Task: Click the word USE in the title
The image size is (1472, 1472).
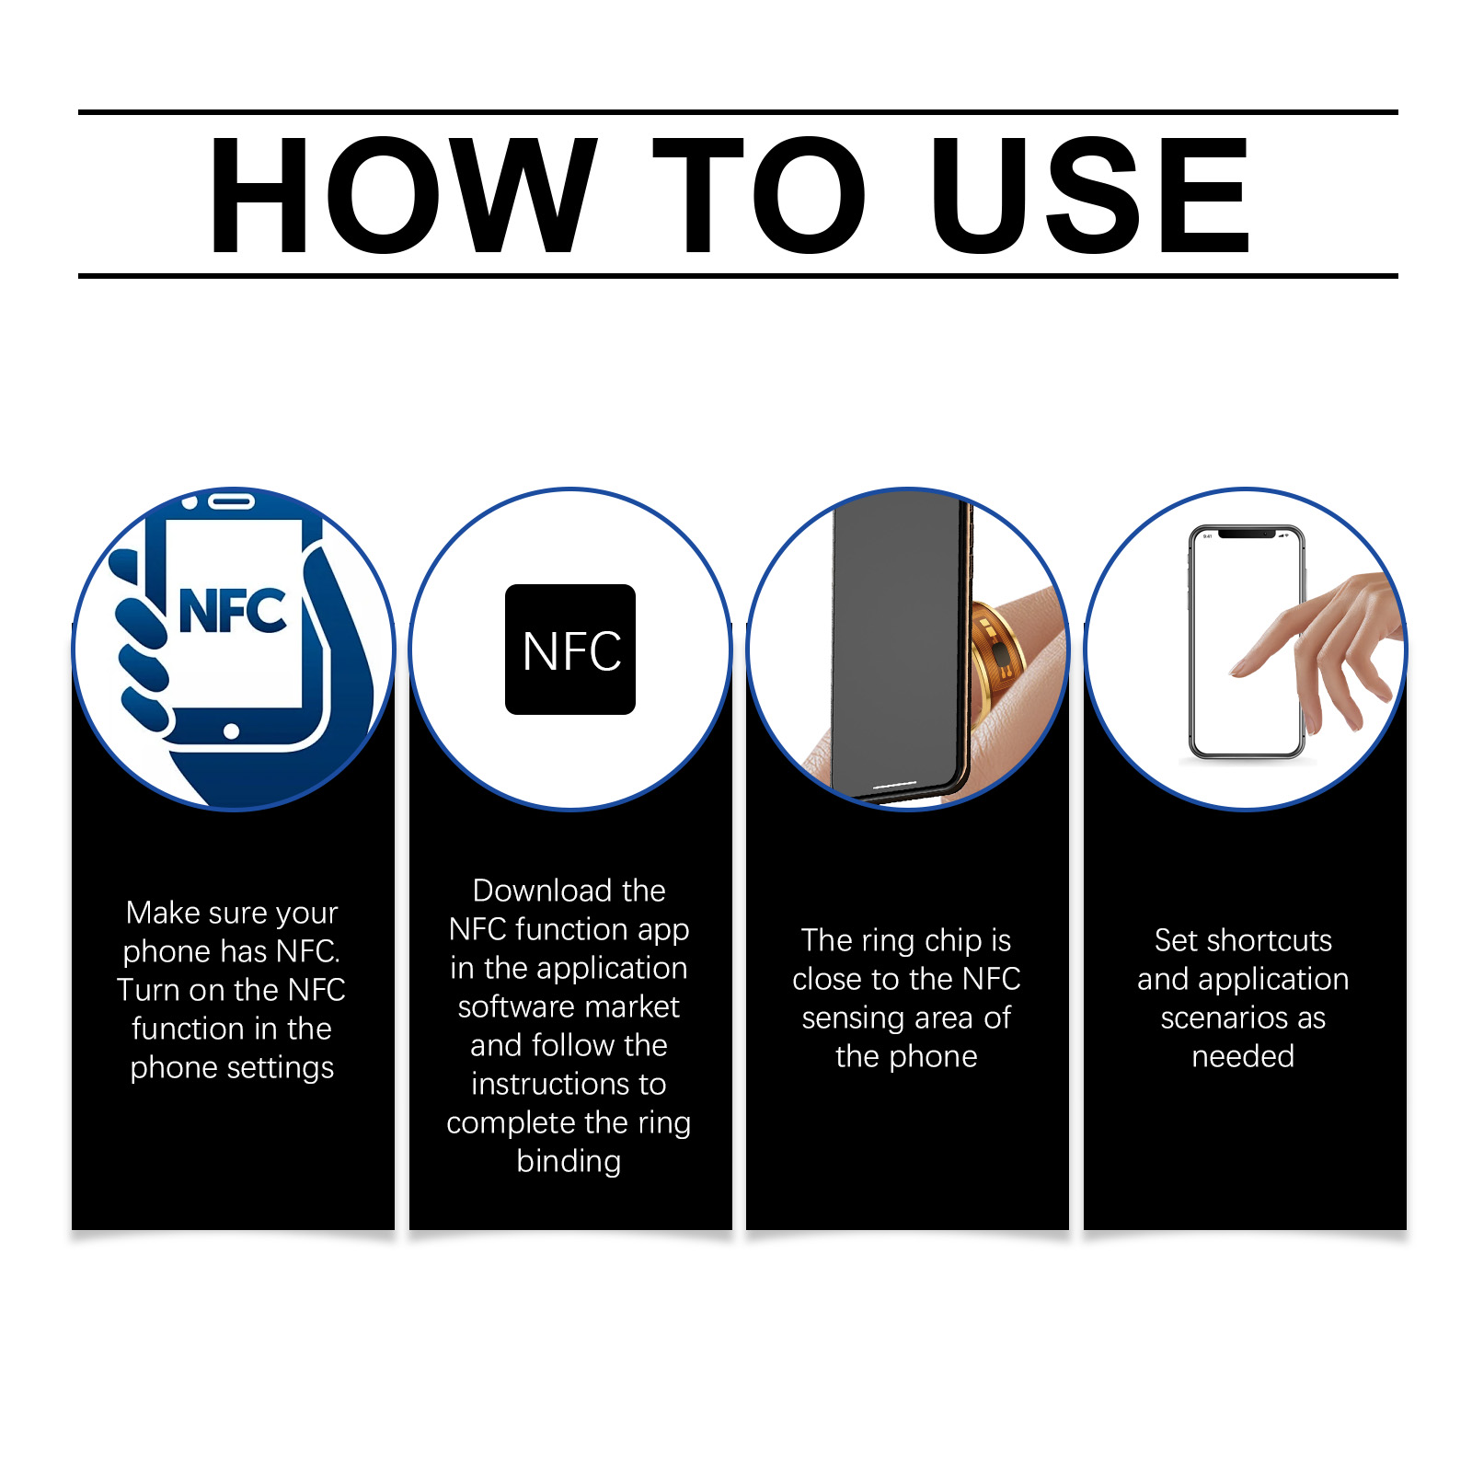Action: pyautogui.click(x=1090, y=194)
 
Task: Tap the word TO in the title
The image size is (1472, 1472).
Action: pyautogui.click(x=759, y=194)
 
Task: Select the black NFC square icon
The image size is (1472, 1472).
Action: pyautogui.click(x=570, y=650)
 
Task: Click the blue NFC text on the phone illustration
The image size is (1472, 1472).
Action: pyautogui.click(x=233, y=612)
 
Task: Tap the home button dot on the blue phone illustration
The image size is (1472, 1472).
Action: pyautogui.click(x=231, y=731)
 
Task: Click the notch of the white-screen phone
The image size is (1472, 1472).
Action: pyautogui.click(x=1247, y=534)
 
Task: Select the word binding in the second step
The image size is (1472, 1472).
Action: pyautogui.click(x=569, y=1161)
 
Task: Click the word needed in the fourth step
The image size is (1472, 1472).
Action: pyautogui.click(x=1243, y=1056)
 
